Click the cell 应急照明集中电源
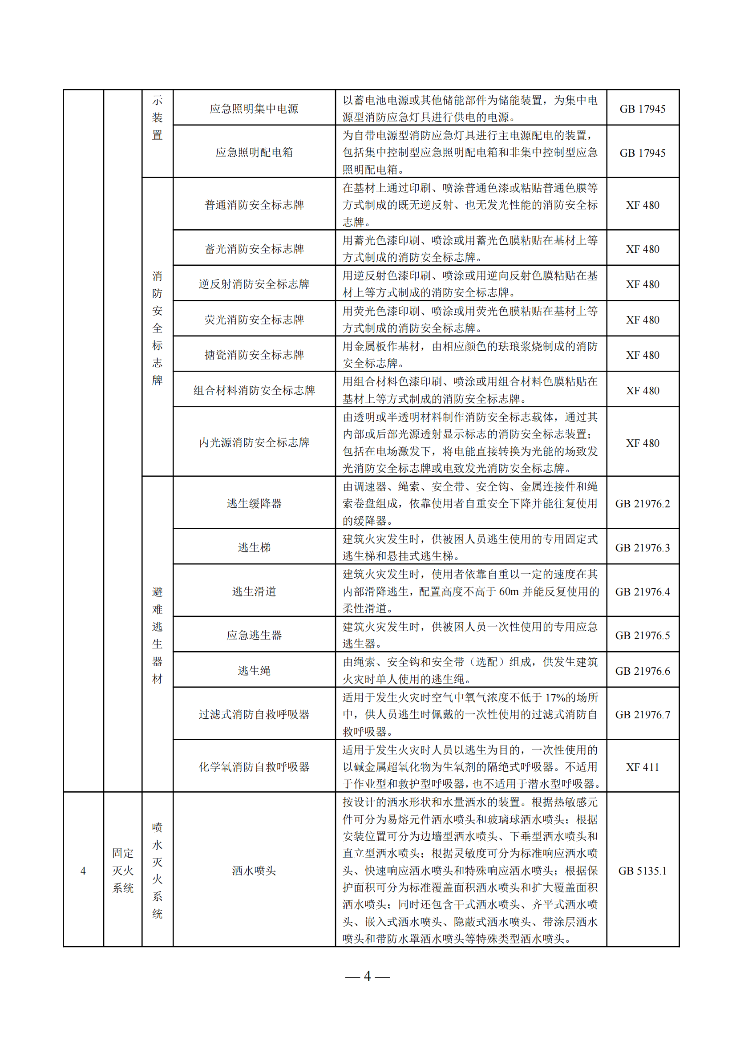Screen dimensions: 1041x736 254,109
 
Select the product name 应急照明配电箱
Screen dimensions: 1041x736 254,152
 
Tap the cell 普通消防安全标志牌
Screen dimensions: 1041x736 254,205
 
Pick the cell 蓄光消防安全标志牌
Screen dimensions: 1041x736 254,249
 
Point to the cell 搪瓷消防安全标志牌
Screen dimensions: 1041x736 254,355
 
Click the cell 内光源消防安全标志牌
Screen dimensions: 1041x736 254,442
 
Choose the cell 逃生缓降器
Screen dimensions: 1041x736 254,503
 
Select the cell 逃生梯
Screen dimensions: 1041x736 254,547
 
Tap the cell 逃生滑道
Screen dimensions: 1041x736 254,591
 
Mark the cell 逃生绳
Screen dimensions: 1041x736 254,671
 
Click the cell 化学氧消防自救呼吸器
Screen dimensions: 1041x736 254,767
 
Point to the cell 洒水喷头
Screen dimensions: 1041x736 254,871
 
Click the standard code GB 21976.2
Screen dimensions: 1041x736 642,504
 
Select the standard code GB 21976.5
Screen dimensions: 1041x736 642,636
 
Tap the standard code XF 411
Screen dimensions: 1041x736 642,767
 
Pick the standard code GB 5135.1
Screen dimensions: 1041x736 642,871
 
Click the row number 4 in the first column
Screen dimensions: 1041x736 83,871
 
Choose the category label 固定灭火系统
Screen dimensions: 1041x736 123,871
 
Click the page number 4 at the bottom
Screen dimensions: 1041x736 367,976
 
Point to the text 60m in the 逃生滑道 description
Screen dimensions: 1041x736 509,591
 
